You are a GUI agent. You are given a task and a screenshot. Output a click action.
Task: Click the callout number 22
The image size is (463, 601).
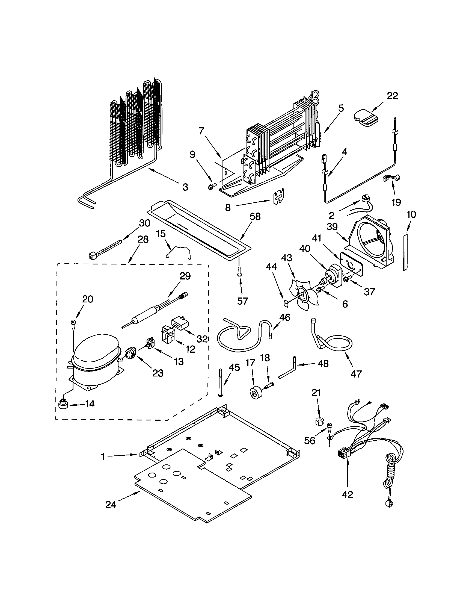click(392, 96)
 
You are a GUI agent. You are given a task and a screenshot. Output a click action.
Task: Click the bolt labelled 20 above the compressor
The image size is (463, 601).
click(73, 323)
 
